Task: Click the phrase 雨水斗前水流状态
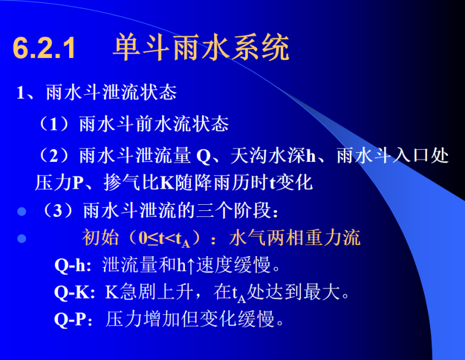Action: point(154,124)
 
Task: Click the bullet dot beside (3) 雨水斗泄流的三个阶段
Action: point(22,211)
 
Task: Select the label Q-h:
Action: point(73,265)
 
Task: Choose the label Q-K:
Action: point(75,292)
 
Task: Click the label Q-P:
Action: point(74,319)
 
